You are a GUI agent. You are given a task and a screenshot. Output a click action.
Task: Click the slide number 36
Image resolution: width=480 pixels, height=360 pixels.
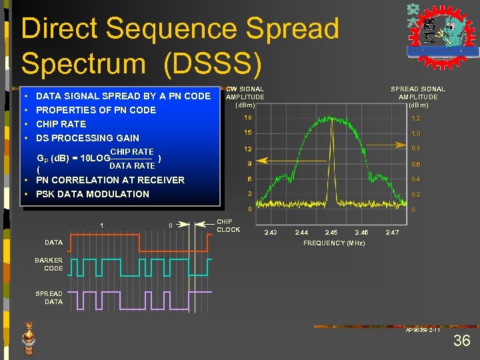click(461, 341)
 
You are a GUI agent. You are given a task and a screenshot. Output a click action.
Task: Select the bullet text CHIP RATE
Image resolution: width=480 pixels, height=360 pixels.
click(61, 124)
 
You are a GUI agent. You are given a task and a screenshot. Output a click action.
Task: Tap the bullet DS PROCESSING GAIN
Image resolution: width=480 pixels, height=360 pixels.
click(87, 138)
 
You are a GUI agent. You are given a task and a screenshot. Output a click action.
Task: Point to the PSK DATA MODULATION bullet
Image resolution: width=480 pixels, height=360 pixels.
click(93, 194)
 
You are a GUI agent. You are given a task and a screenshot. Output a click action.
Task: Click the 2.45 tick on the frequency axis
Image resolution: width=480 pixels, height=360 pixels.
click(331, 232)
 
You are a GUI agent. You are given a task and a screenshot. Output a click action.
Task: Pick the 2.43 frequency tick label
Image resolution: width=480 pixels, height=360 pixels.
click(271, 232)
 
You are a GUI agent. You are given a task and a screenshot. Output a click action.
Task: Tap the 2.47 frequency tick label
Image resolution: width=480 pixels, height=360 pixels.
click(392, 232)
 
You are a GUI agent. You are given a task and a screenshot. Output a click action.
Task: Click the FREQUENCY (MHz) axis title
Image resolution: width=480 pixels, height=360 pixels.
click(334, 243)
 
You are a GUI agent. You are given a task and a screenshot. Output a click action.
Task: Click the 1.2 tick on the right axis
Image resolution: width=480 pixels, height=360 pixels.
click(416, 118)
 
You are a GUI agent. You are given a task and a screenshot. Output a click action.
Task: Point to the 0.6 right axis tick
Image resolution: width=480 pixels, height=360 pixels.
click(416, 164)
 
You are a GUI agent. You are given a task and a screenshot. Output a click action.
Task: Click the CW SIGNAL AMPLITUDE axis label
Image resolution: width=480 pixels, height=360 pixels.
click(245, 97)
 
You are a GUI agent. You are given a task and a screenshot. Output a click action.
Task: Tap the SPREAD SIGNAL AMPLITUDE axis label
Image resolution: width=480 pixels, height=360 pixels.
click(418, 97)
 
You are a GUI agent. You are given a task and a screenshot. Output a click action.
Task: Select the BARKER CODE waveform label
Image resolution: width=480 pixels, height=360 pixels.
click(49, 264)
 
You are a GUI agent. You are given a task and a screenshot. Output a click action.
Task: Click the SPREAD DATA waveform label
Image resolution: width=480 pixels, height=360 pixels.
click(49, 297)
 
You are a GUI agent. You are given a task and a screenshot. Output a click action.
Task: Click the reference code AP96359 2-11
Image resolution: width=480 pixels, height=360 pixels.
click(423, 330)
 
